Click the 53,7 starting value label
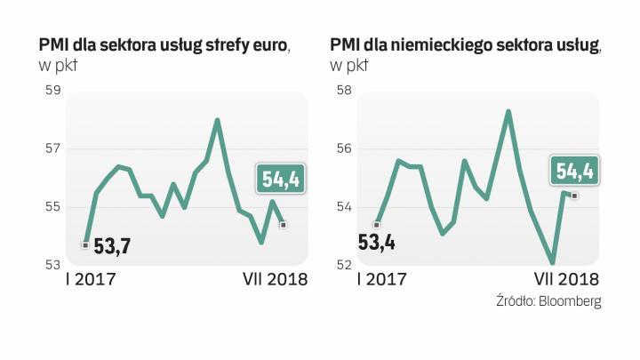(111, 246)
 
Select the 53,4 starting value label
(376, 241)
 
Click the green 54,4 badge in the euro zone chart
(277, 180)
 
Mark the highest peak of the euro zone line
(217, 119)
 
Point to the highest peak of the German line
(508, 111)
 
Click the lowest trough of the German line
(553, 263)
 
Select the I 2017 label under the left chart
(91, 280)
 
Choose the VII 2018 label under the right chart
(565, 280)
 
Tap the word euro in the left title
(270, 44)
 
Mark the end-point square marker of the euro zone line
(283, 225)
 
